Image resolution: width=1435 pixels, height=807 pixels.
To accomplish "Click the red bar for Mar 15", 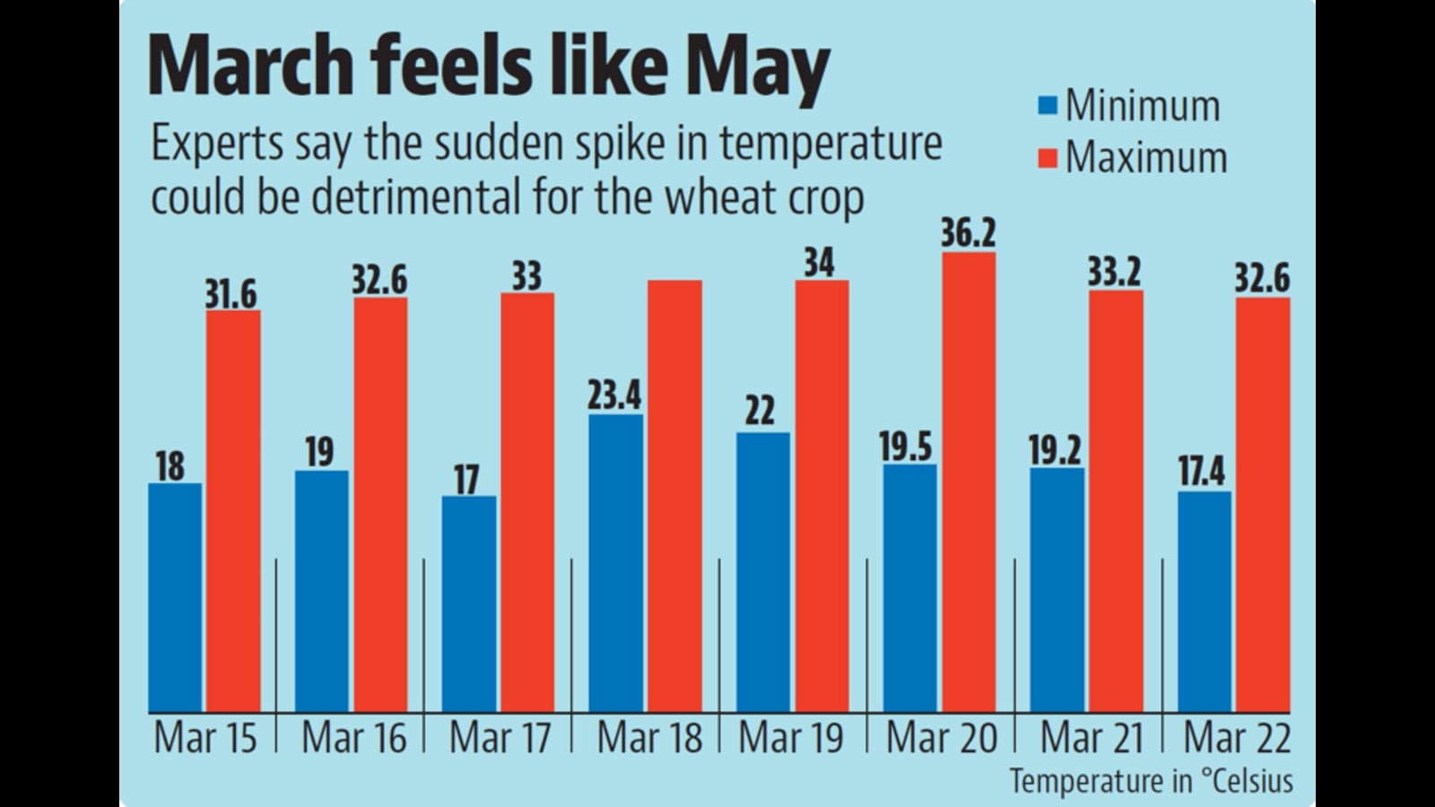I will coord(233,511).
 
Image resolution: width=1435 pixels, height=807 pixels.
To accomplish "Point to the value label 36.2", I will coord(968,233).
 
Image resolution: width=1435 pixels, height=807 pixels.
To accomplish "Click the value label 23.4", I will coord(614,395).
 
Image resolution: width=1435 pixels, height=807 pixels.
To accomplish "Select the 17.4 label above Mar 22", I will coord(1201,472).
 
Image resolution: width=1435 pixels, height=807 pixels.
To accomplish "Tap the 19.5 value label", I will coord(905,447).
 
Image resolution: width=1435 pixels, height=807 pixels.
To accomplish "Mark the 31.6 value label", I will coord(230,294).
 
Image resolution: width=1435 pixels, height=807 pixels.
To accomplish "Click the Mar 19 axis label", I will coord(791,739).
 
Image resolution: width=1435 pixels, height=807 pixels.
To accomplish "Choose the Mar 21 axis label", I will coord(1091,739).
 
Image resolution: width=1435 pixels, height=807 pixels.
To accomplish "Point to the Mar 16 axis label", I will coord(353,739).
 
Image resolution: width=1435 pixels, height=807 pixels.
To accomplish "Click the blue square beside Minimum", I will coord(1048,106).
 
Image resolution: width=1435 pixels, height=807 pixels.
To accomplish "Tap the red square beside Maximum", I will coord(1048,159).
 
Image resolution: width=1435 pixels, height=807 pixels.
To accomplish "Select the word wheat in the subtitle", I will coord(709,197).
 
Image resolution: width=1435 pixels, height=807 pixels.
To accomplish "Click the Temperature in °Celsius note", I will coord(1152,780).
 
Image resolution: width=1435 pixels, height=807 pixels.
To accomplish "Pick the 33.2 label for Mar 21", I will coord(1115,272).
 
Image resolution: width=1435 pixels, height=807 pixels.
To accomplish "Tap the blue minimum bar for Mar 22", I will coord(1204,602).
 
